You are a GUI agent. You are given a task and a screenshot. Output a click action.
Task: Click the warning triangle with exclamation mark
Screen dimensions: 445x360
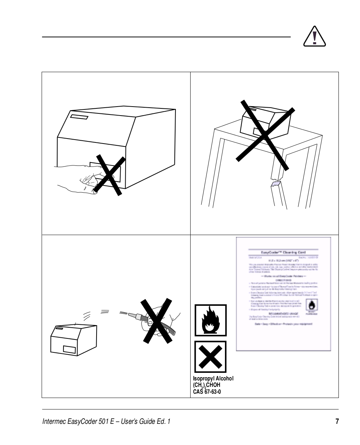click(x=314, y=37)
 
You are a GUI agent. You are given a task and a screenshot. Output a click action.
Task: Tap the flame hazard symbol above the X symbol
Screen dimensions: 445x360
click(x=210, y=320)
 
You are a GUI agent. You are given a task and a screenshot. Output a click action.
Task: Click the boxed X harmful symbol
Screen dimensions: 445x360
click(x=210, y=357)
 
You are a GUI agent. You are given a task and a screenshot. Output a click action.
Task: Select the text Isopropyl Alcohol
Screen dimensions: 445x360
click(x=213, y=379)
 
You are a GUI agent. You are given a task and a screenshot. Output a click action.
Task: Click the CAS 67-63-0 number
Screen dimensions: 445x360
click(x=207, y=392)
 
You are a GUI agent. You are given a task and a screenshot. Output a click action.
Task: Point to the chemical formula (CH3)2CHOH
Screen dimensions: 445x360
click(x=207, y=385)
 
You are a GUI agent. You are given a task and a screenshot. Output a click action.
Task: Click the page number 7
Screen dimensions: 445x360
click(x=337, y=421)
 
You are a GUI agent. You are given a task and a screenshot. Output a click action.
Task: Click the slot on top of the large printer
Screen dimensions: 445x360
click(x=79, y=117)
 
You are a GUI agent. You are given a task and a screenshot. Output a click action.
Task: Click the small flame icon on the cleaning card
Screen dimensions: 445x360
click(x=311, y=305)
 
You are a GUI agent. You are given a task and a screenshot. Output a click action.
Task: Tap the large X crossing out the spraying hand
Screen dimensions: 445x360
click(x=155, y=320)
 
